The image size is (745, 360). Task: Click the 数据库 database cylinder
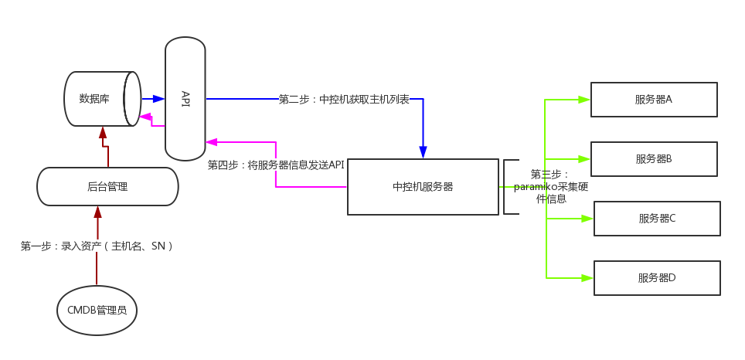100,99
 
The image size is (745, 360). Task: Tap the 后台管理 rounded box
107,187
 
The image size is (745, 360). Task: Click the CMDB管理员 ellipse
97,311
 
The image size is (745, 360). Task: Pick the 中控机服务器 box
423,187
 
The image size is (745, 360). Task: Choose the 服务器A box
654,100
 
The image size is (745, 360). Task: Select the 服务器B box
654,159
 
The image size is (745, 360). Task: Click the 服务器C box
657,219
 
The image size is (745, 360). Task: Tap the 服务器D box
657,278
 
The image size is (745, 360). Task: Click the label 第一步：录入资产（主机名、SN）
97,246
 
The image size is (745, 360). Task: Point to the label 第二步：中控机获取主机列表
344,100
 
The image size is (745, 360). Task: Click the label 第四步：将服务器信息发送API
276,165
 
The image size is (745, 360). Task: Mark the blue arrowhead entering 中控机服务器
423,152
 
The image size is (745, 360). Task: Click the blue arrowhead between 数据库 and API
158,99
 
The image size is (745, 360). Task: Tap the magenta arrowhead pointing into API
212,142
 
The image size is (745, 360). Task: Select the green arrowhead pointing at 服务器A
584,100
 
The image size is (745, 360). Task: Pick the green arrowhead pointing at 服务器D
587,278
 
